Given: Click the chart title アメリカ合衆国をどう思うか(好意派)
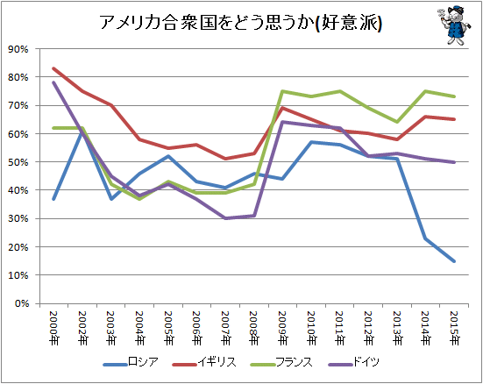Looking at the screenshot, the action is coord(241,22).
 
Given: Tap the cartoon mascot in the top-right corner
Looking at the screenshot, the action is coord(453,25).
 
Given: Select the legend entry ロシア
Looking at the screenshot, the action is coord(131,362).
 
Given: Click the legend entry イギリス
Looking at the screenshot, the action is coord(204,362).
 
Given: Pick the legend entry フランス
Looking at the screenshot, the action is coord(281,362).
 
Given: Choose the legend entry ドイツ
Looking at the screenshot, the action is coord(353,362).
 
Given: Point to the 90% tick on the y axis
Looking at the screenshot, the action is coord(18,49).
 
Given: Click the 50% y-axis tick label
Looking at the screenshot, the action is coord(18,162).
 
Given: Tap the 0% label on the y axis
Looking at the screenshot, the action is coord(22,303).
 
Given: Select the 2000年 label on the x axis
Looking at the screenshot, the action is coord(53,328).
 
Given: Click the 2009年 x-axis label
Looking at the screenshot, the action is coord(282,328).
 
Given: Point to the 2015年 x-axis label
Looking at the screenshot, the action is coord(454,328).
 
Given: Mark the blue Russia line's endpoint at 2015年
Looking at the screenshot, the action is coord(454,261).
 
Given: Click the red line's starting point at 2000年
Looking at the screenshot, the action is coord(53,68).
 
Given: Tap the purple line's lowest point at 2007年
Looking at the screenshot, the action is coord(226,218).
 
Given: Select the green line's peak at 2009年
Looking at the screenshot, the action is coord(282,91).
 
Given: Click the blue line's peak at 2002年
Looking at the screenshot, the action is coord(82,133).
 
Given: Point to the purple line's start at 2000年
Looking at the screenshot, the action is coord(53,82).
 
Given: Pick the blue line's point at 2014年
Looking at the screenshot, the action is coord(425,238).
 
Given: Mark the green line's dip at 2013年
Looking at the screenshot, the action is coord(397,122).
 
